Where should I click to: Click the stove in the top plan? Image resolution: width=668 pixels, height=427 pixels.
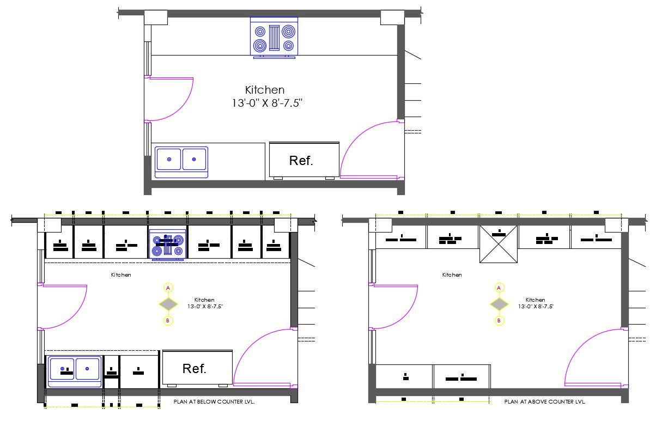pos(274,36)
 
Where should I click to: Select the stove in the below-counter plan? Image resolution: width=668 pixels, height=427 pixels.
pos(168,243)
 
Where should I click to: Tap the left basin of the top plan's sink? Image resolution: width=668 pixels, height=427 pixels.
pos(169,160)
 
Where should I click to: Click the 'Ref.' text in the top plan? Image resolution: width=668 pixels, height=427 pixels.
pos(301,161)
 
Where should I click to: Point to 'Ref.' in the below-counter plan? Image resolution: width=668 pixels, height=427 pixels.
pos(195,369)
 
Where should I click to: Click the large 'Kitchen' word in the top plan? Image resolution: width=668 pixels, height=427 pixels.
pos(265,90)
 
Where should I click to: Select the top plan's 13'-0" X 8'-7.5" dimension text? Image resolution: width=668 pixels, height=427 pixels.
pos(267,103)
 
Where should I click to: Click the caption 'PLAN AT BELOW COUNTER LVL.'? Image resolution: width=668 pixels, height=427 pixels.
pos(214,401)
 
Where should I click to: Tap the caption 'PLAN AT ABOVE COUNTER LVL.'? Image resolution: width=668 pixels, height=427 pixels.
pos(545,401)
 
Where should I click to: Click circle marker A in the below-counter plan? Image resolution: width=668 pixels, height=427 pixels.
pos(168,287)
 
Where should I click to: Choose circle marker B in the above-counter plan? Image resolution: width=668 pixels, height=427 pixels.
pos(499,321)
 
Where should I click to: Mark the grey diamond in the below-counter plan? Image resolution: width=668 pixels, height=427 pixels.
pos(168,304)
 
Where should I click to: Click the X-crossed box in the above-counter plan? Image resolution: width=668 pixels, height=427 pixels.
pos(499,244)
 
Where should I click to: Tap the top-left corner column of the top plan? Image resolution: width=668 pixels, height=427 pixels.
pos(155,17)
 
